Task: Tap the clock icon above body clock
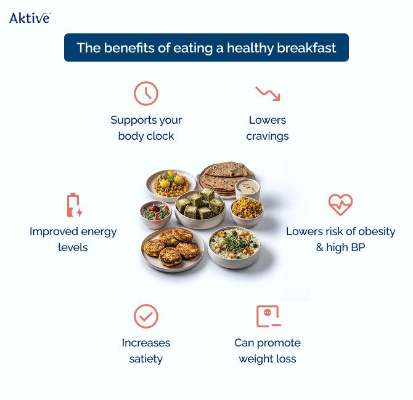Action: (146, 94)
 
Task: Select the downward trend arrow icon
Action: (268, 94)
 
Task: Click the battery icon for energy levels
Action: (73, 205)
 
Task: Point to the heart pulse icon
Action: (340, 205)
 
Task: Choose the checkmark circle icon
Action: (146, 316)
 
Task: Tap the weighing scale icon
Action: (268, 316)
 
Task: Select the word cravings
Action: (268, 136)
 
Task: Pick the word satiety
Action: (146, 359)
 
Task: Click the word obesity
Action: (374, 232)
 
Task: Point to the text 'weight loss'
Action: (268, 359)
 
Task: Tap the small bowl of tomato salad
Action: (155, 212)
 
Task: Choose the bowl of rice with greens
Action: (234, 246)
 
